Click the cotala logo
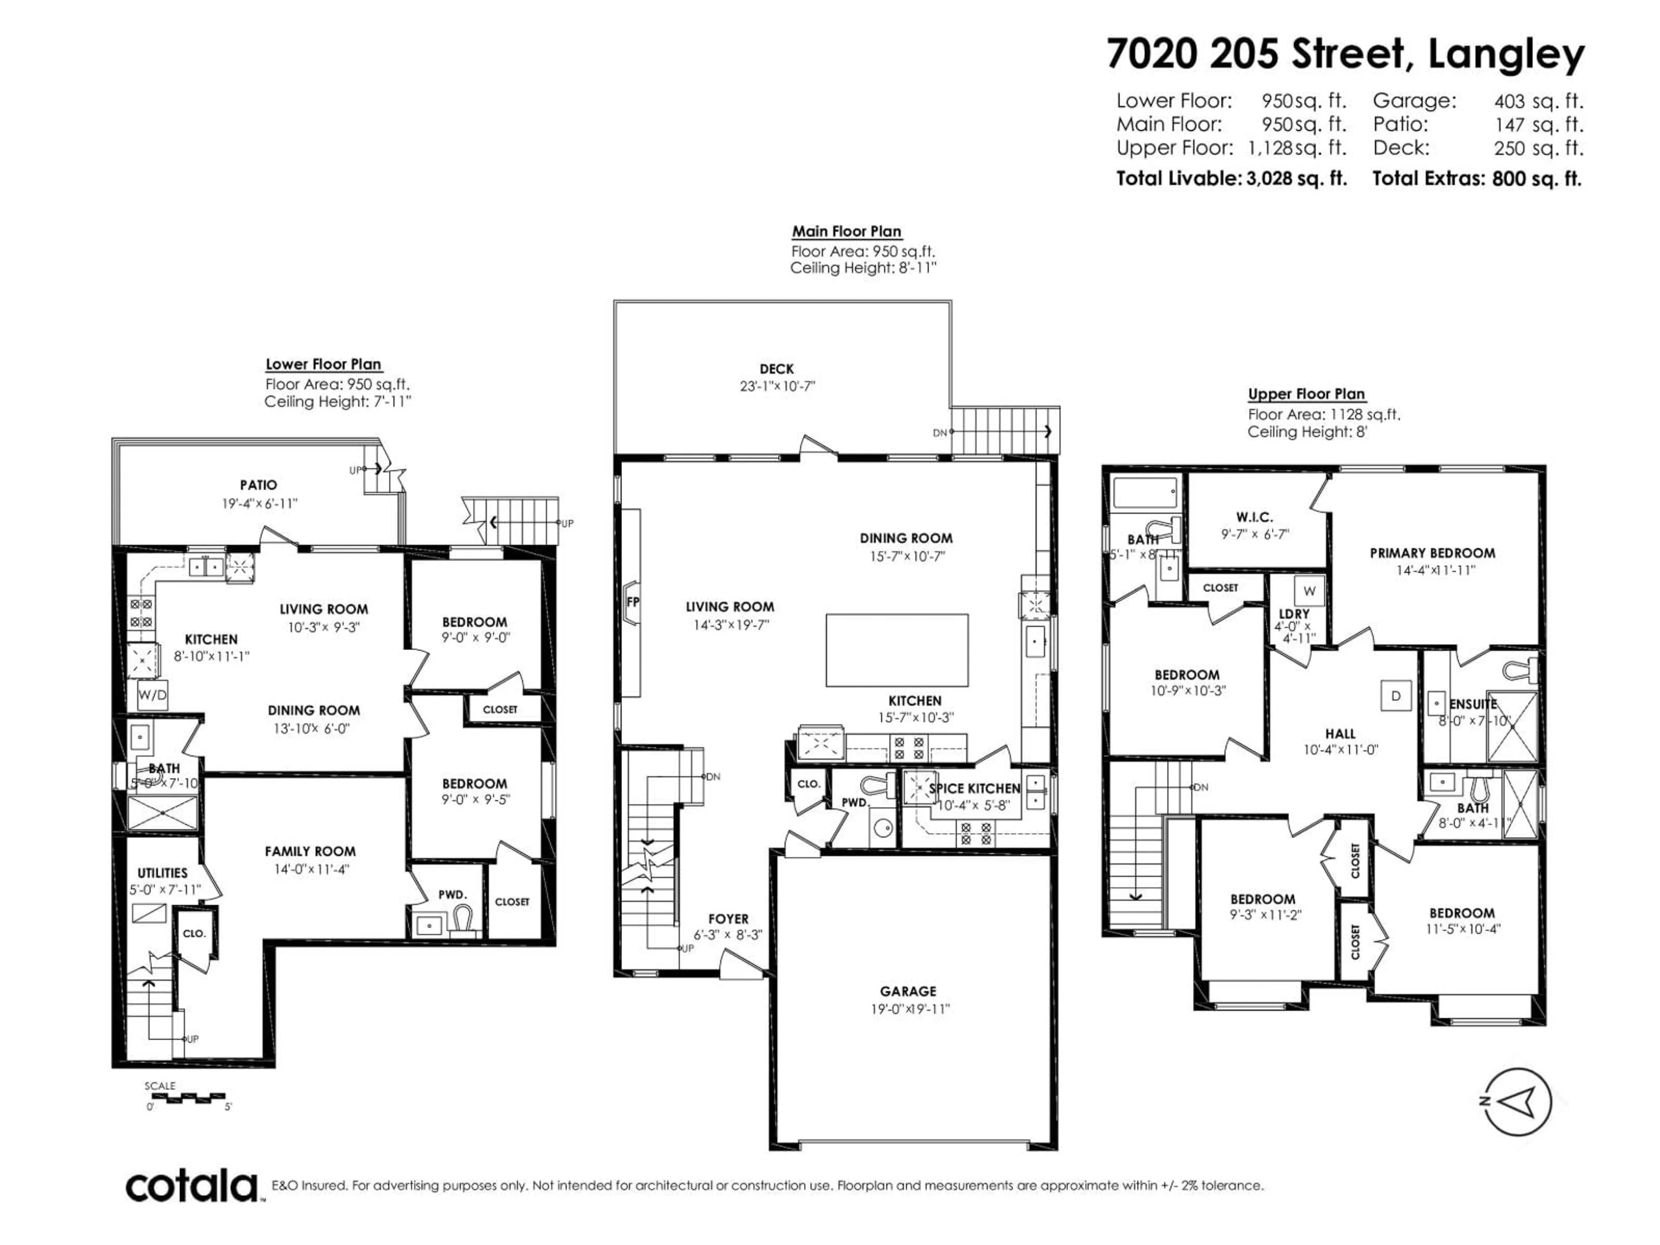(192, 1187)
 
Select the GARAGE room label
(908, 991)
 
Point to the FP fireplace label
(632, 602)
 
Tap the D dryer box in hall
(1396, 696)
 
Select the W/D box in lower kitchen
(152, 695)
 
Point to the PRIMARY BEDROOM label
(1432, 553)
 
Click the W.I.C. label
(1254, 517)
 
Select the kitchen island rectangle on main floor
(897, 650)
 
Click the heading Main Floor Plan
(846, 232)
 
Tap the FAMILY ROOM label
(310, 851)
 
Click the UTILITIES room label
(162, 873)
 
